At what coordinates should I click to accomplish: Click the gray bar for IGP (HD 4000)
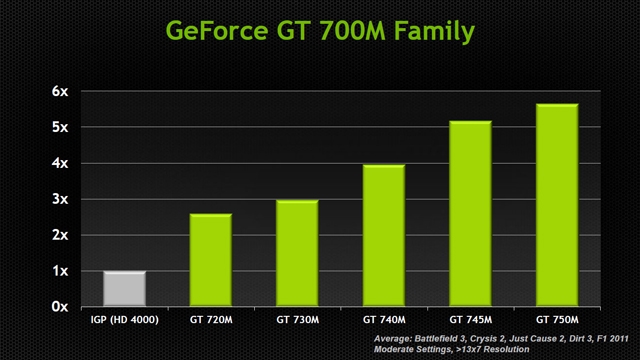click(x=124, y=289)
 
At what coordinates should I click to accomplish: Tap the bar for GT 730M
click(x=297, y=253)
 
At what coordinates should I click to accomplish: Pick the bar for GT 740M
click(x=383, y=235)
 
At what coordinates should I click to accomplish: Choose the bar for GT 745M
click(x=470, y=213)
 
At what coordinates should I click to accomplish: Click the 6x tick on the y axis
click(x=60, y=91)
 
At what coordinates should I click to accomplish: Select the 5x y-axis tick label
click(x=60, y=127)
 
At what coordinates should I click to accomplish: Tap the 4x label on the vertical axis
click(x=60, y=163)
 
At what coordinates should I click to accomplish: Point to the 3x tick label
click(x=60, y=199)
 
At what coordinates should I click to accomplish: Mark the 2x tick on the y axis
click(x=60, y=235)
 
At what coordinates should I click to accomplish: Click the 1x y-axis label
click(x=60, y=271)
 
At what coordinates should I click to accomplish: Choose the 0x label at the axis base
click(x=60, y=306)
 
